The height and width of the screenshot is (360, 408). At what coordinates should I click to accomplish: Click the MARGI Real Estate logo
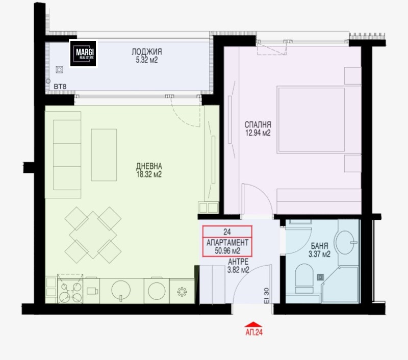point(83,54)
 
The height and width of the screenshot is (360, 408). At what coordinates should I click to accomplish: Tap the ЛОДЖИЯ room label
point(147,52)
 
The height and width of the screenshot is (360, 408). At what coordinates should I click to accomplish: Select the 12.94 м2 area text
point(258,133)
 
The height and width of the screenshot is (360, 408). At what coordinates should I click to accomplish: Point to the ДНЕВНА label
point(149,166)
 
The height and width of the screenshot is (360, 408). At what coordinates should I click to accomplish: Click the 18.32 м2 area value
point(149,174)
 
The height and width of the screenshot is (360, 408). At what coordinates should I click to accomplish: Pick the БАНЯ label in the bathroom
point(320,246)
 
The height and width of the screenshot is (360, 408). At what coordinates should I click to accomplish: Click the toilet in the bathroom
point(304,278)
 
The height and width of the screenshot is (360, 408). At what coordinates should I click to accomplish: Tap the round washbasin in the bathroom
point(345,242)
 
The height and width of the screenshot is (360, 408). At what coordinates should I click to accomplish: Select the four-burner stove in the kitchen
point(70,289)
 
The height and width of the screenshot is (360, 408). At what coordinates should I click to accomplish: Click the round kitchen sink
point(121,290)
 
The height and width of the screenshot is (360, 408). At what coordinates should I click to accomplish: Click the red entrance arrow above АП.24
point(253,324)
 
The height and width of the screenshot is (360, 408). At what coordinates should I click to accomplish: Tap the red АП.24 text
point(254,332)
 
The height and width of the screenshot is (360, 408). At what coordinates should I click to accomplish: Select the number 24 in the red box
point(227,232)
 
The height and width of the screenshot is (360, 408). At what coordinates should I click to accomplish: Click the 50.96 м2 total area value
point(227,251)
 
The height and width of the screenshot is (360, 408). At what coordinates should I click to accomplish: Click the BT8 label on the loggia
point(60,86)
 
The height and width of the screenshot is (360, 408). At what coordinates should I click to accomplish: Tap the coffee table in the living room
point(104,155)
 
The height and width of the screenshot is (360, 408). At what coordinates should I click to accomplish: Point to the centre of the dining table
point(93,235)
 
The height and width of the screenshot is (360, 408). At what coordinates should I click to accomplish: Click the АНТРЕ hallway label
point(238,262)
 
